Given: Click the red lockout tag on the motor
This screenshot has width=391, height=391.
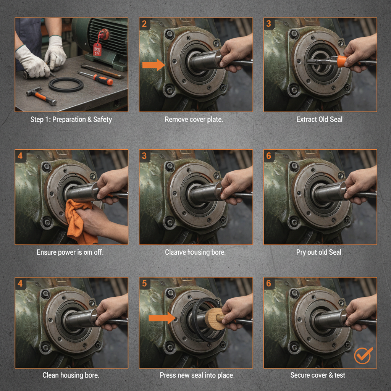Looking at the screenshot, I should click(x=98, y=49).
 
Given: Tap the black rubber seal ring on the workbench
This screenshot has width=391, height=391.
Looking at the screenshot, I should click(x=66, y=84).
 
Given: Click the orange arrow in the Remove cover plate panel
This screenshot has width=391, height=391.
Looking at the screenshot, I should click(x=153, y=65).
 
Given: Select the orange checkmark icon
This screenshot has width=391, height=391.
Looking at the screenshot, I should click(x=362, y=355).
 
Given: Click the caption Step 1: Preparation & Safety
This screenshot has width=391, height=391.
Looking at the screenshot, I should click(x=71, y=120).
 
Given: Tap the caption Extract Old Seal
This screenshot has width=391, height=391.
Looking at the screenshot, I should click(x=319, y=120).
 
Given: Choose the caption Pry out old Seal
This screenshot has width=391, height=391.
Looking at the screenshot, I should click(x=318, y=252).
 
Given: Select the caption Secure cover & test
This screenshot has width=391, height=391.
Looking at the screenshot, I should click(x=318, y=375).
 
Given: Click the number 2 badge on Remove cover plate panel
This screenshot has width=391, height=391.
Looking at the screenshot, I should click(x=144, y=24).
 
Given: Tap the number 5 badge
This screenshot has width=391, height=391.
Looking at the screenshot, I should click(x=144, y=283).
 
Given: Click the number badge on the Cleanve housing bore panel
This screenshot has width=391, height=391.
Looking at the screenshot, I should click(x=144, y=156).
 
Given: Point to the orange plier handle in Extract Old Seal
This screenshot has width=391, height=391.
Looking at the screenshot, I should click(x=341, y=61).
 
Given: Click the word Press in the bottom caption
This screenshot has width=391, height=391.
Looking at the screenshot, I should click(x=168, y=375).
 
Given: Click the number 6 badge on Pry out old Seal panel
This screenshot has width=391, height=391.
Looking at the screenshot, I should click(x=269, y=156).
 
